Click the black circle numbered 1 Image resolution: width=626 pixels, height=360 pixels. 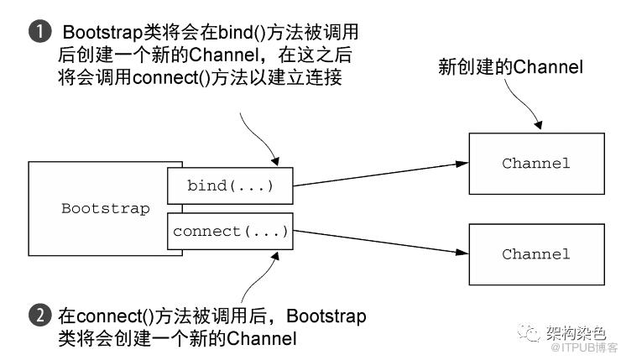click(40, 32)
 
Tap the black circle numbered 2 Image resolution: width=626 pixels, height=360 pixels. click(40, 316)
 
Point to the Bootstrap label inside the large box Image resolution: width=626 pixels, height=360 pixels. click(106, 208)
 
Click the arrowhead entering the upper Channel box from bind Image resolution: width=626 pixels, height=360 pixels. click(463, 164)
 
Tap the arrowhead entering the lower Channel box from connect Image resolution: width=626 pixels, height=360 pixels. click(463, 253)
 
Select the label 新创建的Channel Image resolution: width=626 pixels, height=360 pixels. click(511, 66)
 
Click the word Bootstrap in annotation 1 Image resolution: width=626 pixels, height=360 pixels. click(103, 33)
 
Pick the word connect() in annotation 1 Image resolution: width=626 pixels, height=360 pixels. click(171, 77)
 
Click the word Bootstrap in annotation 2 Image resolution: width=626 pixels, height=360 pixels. click(326, 316)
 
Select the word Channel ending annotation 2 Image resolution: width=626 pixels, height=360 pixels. click(262, 339)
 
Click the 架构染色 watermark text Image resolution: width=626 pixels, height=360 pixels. click(576, 332)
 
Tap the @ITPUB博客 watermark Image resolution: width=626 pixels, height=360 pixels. click(584, 347)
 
